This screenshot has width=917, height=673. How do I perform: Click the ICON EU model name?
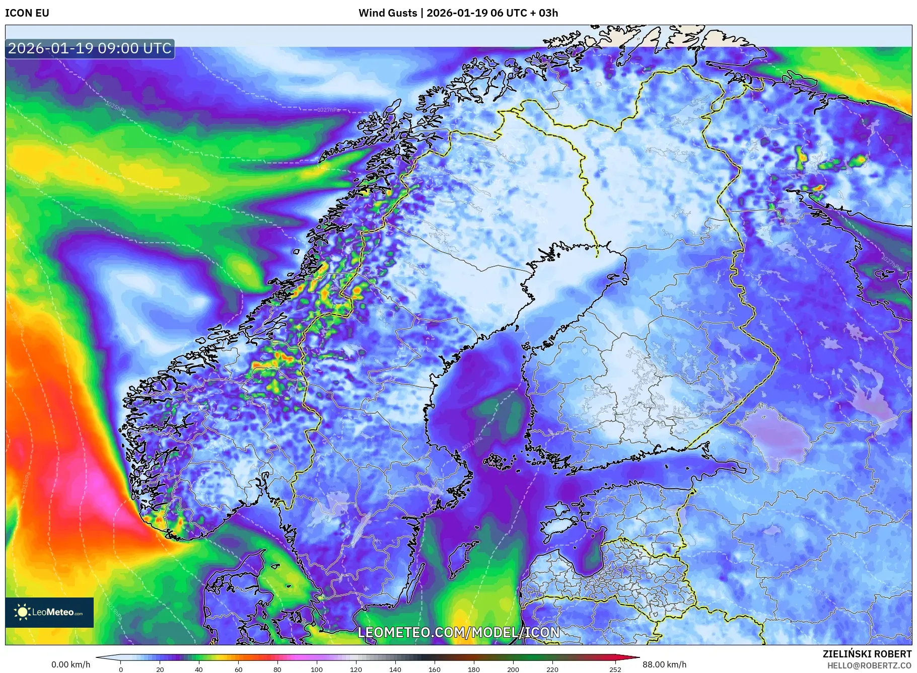(x=27, y=13)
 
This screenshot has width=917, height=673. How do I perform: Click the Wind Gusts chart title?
(x=458, y=13)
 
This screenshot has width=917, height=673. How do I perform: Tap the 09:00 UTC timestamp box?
(x=90, y=48)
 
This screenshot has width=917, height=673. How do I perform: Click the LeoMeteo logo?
(x=49, y=612)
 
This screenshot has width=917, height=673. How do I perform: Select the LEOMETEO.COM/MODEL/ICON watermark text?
(x=458, y=632)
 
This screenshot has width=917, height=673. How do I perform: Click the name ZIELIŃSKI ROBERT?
(x=867, y=654)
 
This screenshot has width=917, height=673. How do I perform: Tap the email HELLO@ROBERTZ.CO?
(x=869, y=665)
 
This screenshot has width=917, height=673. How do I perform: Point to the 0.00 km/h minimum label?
(x=71, y=664)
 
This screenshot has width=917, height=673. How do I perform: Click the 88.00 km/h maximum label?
(x=664, y=664)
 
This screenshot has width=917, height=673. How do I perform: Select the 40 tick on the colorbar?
(x=199, y=669)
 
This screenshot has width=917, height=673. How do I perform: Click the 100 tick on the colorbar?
(x=317, y=669)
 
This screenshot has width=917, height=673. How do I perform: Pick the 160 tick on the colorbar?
(x=435, y=669)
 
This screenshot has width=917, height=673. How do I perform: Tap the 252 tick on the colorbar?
(x=615, y=669)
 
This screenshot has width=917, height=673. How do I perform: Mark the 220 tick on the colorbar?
(x=552, y=669)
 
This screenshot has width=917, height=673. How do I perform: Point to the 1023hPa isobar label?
(x=189, y=197)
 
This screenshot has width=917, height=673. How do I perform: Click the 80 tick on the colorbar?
(x=277, y=669)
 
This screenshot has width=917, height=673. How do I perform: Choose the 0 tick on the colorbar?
(x=121, y=669)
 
